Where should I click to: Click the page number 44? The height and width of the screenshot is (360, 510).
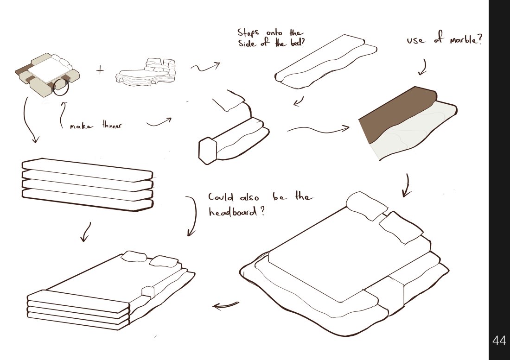click(x=499, y=340)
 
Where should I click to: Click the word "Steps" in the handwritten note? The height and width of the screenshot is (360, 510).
click(x=248, y=33)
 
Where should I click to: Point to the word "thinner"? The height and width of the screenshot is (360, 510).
click(x=113, y=125)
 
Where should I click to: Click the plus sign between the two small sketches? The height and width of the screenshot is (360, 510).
click(x=100, y=70)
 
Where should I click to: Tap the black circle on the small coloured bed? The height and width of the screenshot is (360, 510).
click(x=61, y=87)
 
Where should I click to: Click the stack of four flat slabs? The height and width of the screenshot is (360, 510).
click(x=87, y=184)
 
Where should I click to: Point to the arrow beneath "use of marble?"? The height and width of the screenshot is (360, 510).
click(x=422, y=67)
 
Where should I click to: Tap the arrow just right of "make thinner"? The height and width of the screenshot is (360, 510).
click(x=159, y=122)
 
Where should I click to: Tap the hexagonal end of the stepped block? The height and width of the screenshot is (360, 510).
click(x=207, y=151)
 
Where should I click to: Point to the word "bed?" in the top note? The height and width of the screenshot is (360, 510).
click(x=297, y=43)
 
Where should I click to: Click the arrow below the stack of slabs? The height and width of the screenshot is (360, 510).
click(x=86, y=232)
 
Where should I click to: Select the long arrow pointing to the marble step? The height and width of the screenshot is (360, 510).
click(x=318, y=130)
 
